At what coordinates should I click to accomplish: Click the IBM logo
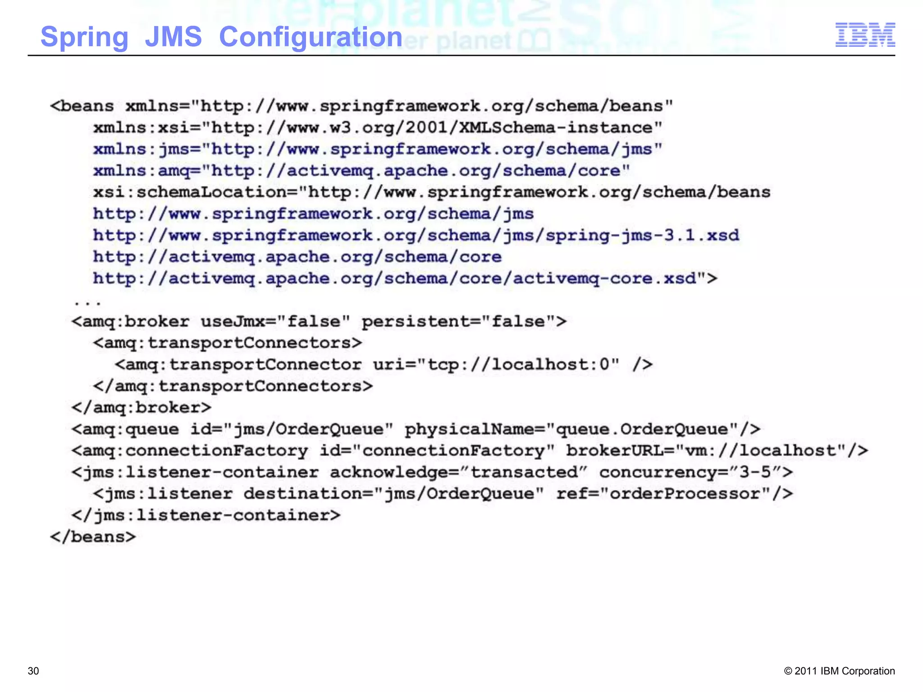(x=865, y=35)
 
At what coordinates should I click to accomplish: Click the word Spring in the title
(x=84, y=37)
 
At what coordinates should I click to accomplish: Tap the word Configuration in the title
(x=311, y=37)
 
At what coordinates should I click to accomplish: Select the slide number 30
(x=33, y=671)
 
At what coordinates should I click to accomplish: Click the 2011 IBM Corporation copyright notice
(x=839, y=671)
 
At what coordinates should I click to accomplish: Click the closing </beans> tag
(x=93, y=537)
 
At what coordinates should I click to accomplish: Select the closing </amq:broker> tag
(x=141, y=408)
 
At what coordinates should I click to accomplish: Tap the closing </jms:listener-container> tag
(x=206, y=515)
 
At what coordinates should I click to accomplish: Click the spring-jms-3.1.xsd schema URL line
(x=416, y=236)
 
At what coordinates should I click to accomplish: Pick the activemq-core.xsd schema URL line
(x=405, y=279)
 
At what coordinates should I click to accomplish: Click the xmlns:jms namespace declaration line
(x=378, y=149)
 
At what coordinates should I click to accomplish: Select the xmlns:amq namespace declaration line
(x=361, y=171)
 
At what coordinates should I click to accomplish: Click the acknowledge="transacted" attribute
(x=459, y=472)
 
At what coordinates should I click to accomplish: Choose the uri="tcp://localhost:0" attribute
(x=496, y=364)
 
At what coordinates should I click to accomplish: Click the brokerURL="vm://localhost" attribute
(x=717, y=451)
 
